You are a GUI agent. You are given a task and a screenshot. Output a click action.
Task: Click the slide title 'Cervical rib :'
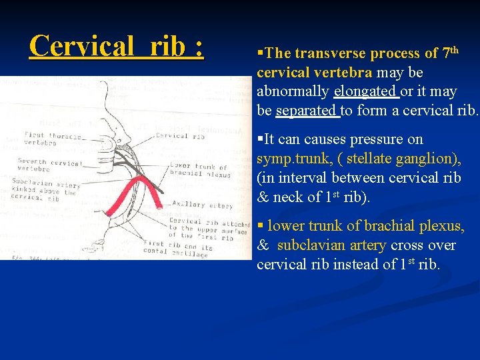tap(117, 46)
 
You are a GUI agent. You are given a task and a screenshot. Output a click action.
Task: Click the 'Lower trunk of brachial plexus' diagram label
tap(199, 171)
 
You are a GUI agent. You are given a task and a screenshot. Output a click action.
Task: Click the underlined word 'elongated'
tap(366, 91)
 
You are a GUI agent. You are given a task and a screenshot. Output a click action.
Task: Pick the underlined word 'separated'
tap(307, 111)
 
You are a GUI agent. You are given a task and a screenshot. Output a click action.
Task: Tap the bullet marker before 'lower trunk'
tap(260, 226)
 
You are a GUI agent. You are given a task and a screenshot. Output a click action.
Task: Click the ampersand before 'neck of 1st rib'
tap(263, 198)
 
